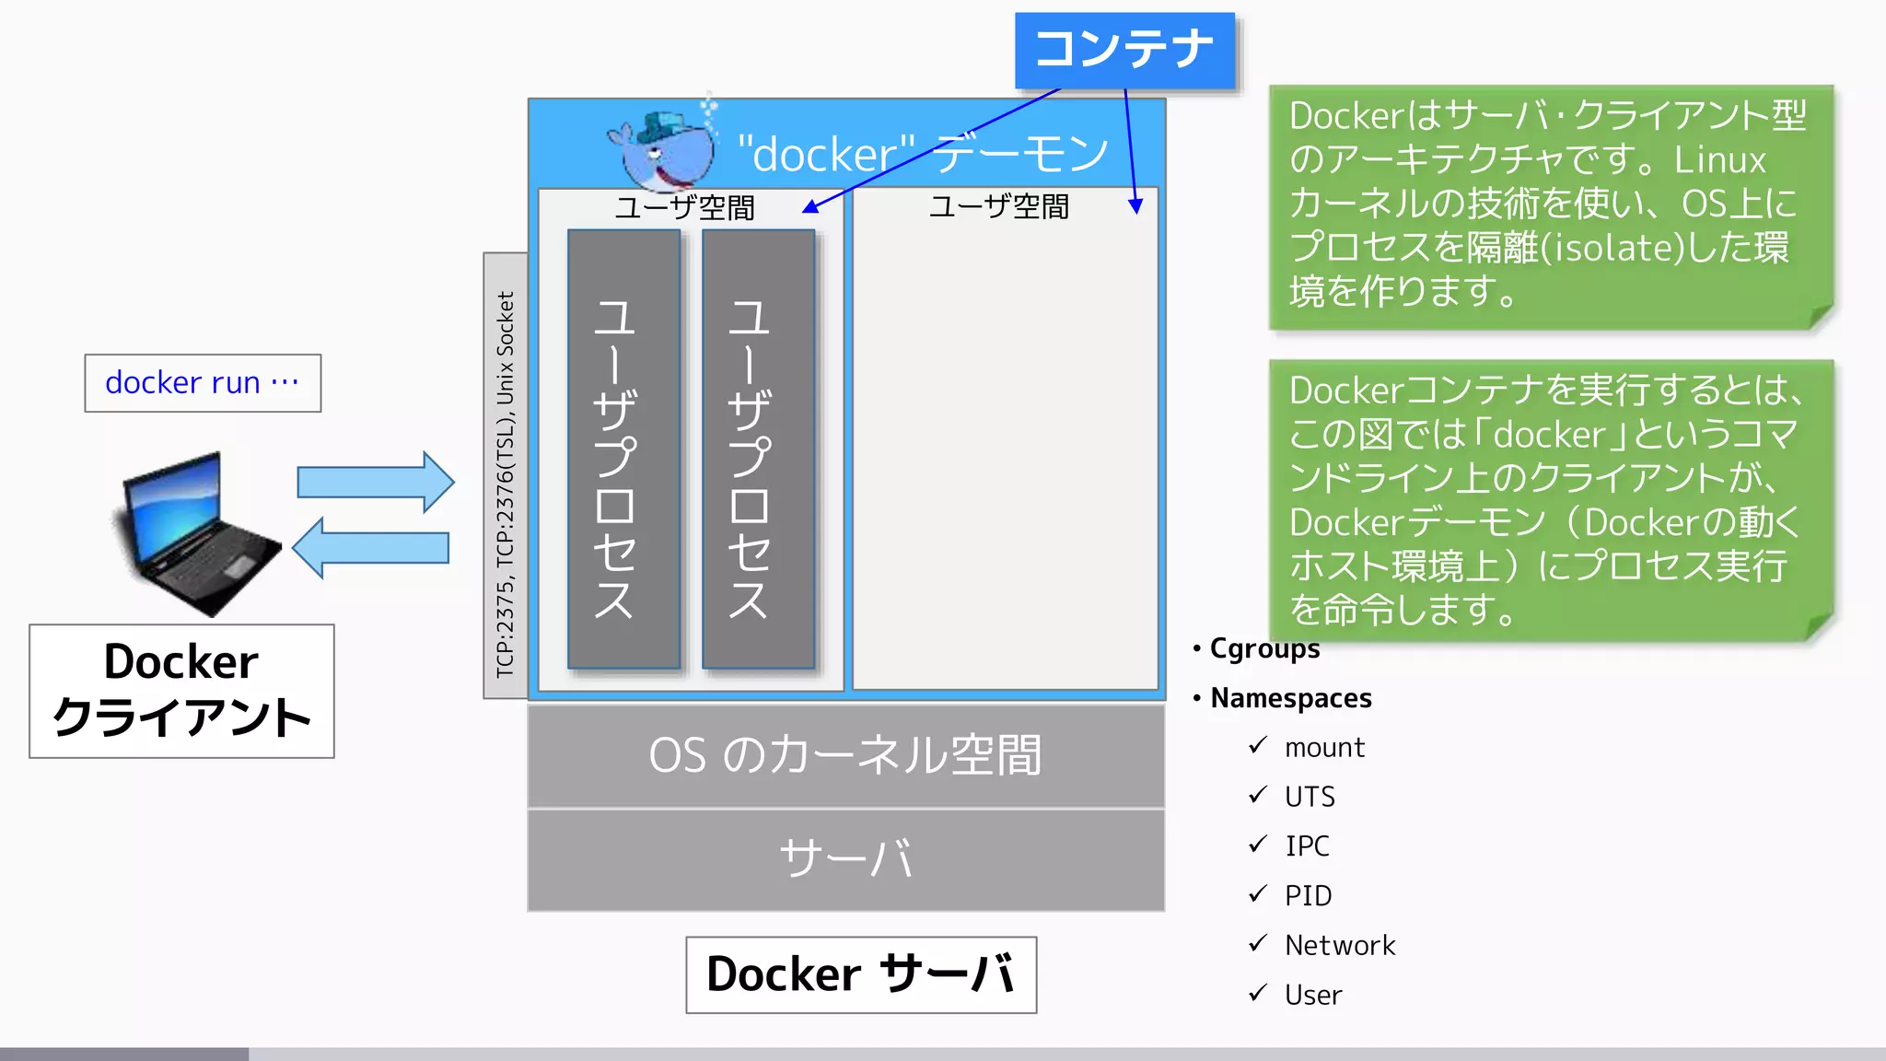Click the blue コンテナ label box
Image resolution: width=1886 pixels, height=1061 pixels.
[x=1124, y=50]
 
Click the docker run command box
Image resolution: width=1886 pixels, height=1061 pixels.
[x=203, y=382]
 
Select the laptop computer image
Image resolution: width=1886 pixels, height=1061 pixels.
[x=198, y=534]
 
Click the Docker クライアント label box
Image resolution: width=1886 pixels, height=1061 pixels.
[x=181, y=691]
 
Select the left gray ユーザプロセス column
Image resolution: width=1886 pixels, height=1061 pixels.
[x=623, y=449]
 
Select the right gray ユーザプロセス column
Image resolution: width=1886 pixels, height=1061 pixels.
[x=758, y=449]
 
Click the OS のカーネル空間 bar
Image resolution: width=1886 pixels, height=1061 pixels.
[x=845, y=755]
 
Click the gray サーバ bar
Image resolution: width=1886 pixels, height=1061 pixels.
[x=845, y=859]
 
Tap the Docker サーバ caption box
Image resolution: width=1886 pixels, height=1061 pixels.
[x=861, y=974]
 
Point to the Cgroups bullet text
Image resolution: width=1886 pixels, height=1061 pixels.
[x=1263, y=648]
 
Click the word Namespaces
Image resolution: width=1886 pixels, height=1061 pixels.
[x=1290, y=698]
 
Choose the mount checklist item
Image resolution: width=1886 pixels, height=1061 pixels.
[x=1324, y=747]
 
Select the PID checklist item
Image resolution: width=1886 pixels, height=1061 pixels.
[x=1308, y=895]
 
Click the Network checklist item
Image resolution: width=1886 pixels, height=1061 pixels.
[x=1340, y=945]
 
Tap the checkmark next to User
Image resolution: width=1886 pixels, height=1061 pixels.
[x=1258, y=993]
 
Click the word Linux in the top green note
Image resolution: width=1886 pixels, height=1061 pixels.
[x=1719, y=160]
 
